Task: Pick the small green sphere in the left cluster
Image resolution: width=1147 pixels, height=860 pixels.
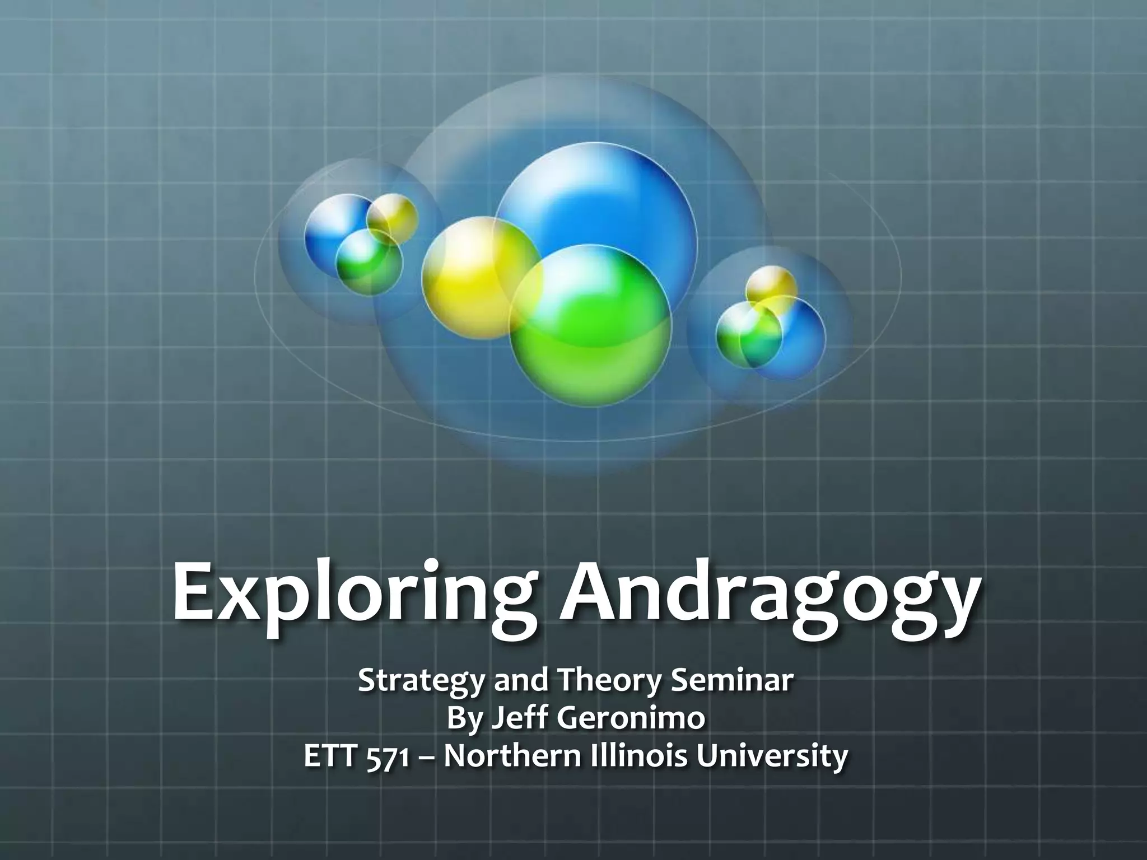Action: pos(367,260)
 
